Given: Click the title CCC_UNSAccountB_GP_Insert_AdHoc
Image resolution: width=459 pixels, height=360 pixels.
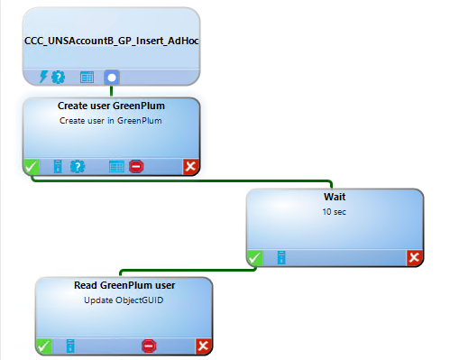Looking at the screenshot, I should point(111,42).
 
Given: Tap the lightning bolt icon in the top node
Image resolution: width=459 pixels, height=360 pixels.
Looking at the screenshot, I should point(44,78).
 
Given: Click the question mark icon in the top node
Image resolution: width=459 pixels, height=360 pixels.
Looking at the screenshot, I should point(59,78).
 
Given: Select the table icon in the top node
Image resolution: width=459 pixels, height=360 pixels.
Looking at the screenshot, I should point(87,78).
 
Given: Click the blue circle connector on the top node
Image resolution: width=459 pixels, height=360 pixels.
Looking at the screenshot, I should point(112,78).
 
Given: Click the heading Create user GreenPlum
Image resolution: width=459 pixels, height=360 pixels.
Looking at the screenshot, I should point(111,106).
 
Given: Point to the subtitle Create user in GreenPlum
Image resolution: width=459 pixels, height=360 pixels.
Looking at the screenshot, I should point(111,120).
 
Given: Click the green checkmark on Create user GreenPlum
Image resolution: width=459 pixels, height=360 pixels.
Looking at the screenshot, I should point(31,166).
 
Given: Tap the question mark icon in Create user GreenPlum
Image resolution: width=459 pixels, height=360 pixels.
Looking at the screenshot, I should point(78,166).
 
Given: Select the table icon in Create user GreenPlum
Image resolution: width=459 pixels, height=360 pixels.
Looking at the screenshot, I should point(116,166).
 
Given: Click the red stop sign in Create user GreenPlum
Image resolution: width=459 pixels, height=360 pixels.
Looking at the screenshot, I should point(136,166).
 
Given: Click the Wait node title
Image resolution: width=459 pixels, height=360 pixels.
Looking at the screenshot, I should point(335,197).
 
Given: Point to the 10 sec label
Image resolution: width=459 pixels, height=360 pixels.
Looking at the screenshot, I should point(335,212).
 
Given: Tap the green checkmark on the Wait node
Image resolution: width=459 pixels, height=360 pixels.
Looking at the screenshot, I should point(255,258).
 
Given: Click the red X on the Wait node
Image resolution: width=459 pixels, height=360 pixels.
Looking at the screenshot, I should point(414,258).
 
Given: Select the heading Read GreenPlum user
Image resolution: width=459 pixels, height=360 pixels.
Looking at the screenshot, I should point(124,285).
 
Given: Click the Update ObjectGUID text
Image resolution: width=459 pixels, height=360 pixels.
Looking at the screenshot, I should point(124,300).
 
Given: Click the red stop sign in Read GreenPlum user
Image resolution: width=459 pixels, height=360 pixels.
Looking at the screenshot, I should point(149,346).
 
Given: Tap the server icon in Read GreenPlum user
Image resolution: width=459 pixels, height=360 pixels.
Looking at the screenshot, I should point(69,346).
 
